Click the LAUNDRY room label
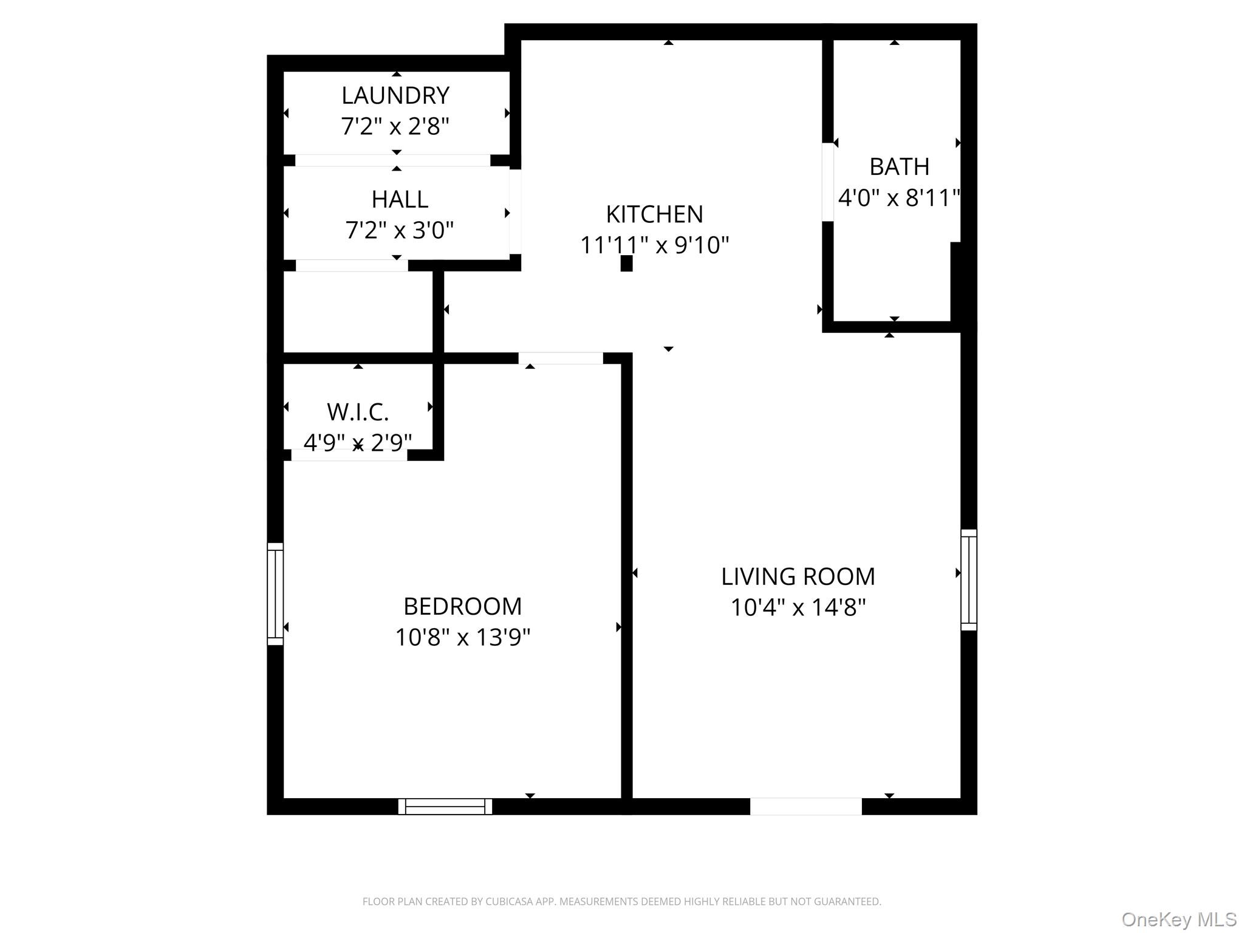point(395,95)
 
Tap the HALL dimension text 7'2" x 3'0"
point(400,230)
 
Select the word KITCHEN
point(654,214)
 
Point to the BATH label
point(899,166)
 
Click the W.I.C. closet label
point(358,412)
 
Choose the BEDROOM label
point(462,606)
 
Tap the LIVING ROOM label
point(798,576)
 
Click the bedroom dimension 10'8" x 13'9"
point(462,638)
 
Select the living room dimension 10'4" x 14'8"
point(798,607)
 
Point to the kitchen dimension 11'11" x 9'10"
point(654,245)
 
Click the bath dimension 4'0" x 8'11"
point(899,198)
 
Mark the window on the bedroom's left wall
point(275,593)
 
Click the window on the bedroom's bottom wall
point(445,806)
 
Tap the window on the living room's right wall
point(968,579)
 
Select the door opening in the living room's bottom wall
point(805,806)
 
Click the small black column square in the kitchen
point(626,263)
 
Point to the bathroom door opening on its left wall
point(827,182)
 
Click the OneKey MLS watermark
point(1178,919)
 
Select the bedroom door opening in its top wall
point(560,358)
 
